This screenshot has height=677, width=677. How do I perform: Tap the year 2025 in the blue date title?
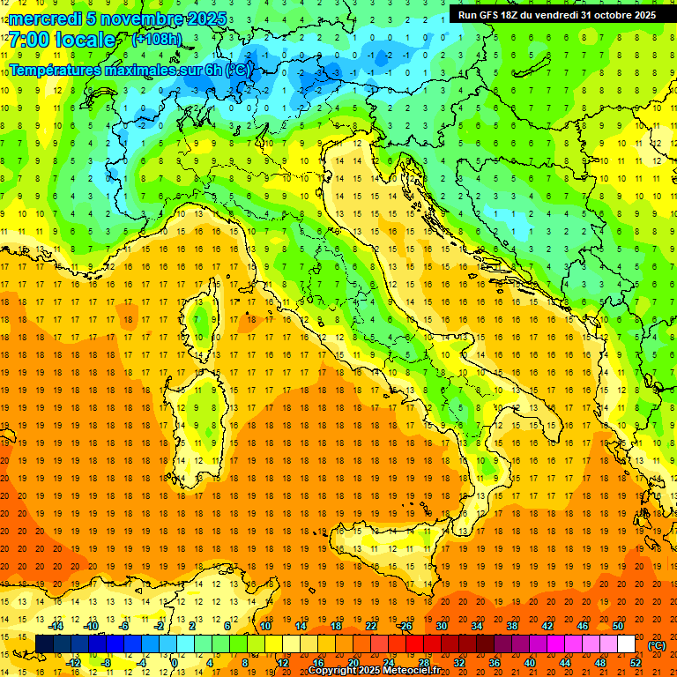pos(205,19)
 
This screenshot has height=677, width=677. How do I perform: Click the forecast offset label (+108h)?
pos(157,40)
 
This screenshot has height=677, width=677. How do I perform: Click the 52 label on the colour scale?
pos(636,663)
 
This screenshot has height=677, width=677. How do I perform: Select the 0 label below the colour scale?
pos(175,663)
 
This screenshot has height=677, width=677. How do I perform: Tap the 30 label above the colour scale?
pos(442,626)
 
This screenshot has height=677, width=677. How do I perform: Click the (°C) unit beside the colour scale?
pos(657,645)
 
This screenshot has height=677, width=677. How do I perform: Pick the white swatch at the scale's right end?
pos(627,644)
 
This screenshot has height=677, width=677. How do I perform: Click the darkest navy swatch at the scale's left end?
pos(44,644)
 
